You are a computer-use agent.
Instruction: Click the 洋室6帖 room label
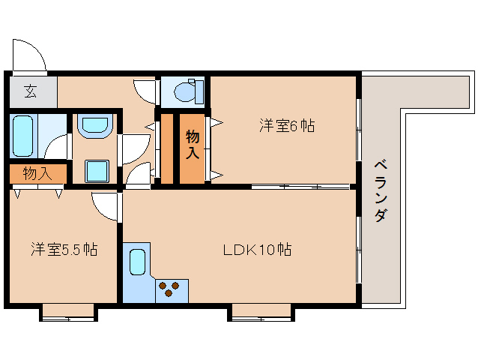[287, 126]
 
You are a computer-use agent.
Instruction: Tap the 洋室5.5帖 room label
[64, 248]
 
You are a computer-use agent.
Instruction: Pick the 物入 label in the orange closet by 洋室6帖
[193, 144]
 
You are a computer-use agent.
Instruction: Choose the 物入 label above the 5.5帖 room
[37, 174]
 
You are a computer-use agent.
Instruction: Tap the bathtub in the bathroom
[23, 136]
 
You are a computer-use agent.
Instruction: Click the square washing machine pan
[97, 171]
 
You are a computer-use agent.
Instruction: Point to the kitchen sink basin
[137, 262]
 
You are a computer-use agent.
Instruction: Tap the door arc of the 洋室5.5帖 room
[106, 206]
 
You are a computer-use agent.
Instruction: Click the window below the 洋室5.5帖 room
[68, 311]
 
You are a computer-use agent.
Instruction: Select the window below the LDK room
[261, 311]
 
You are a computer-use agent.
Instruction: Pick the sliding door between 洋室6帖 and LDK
[300, 186]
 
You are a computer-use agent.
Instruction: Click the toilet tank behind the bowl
[197, 91]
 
